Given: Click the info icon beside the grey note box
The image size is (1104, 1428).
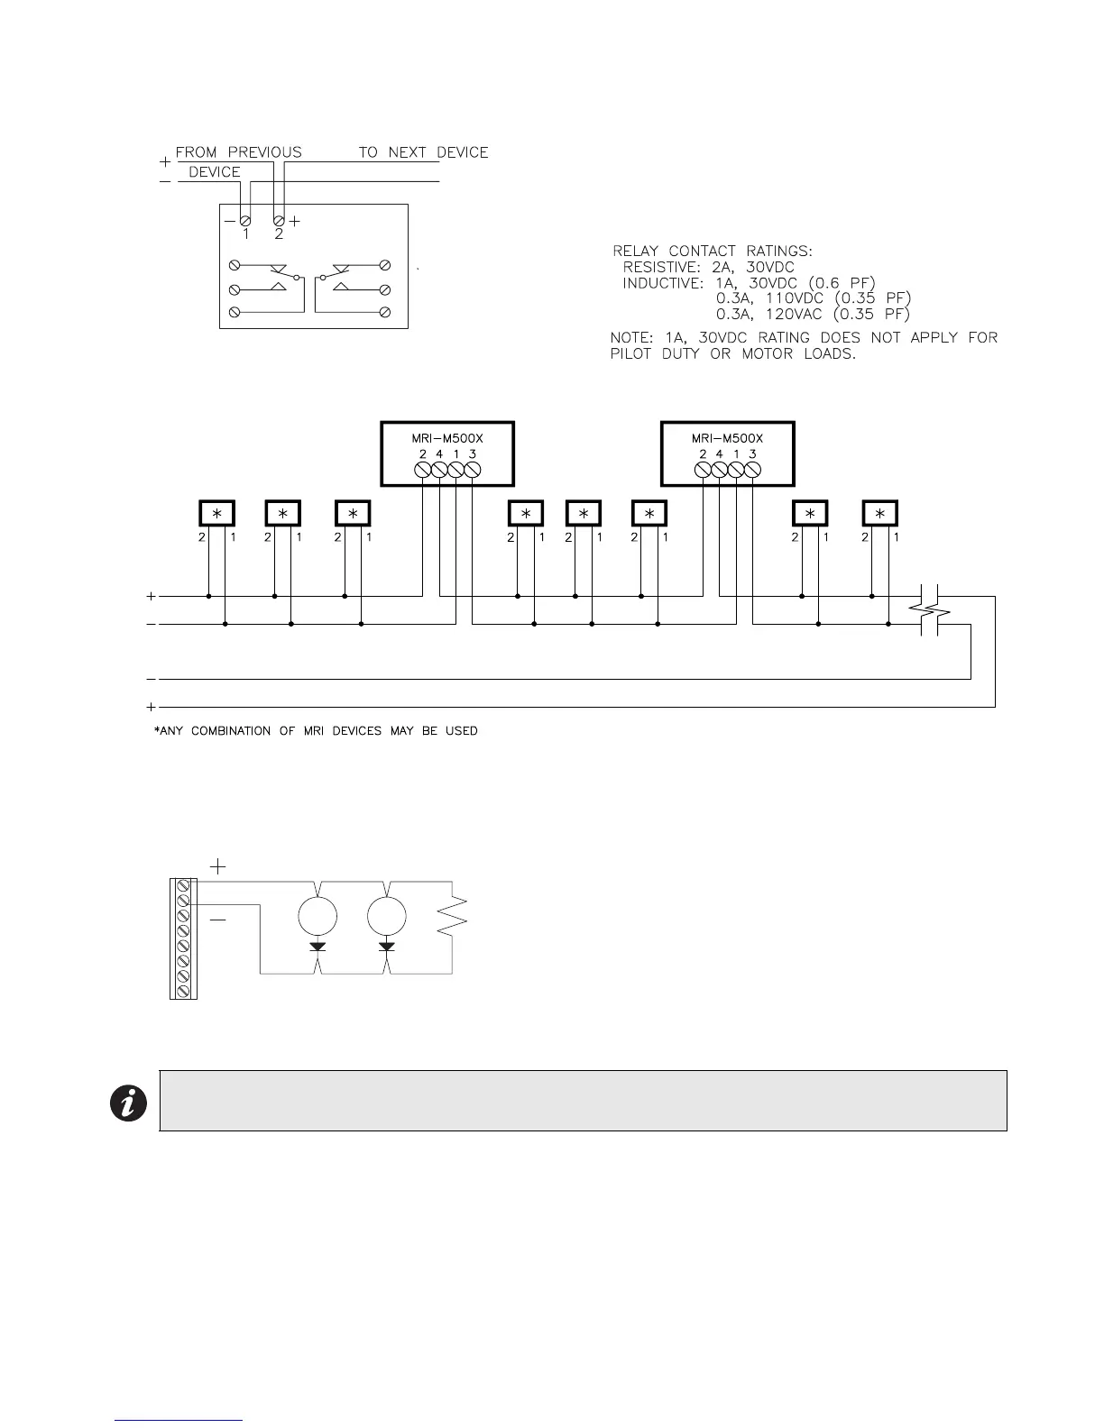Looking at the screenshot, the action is pos(128,1103).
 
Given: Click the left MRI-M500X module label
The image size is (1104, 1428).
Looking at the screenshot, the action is pos(442,439).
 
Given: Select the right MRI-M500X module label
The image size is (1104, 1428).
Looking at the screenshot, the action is pos(727,439).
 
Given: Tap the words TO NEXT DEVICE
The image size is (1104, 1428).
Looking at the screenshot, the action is pos(423,152).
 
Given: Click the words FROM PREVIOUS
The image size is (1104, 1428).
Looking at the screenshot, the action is pos(238,152).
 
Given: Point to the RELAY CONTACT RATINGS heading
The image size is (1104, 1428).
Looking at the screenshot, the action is pos(713,251).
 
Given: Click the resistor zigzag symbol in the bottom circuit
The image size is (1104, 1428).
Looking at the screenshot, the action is pos(452,915).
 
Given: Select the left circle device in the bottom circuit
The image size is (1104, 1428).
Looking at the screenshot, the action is pos(317,916).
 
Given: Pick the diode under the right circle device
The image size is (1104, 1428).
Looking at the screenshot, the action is pos(388,947).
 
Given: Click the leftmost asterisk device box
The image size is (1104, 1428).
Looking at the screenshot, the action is pos(216,513).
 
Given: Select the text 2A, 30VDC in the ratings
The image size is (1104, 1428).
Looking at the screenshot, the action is pos(753,267).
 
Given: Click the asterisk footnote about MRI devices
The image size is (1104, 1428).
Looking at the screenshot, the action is pos(316,730).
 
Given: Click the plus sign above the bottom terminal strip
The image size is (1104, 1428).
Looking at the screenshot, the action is pos(217,866).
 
